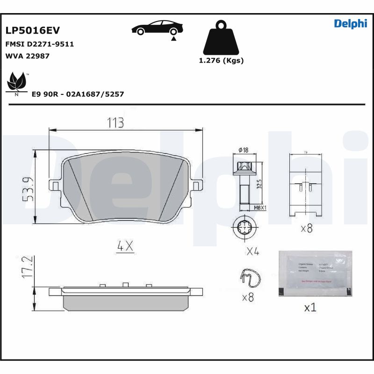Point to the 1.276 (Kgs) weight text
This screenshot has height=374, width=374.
tap(221, 60)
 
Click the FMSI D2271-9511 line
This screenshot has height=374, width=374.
tap(39, 44)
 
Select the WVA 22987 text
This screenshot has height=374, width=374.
tap(27, 56)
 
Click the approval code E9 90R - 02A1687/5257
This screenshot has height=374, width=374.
tap(78, 94)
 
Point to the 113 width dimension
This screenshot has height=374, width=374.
tap(115, 123)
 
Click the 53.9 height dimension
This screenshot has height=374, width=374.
tap(29, 189)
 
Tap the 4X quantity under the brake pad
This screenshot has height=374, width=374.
tap(125, 245)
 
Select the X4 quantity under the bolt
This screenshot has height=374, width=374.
tap(252, 252)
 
